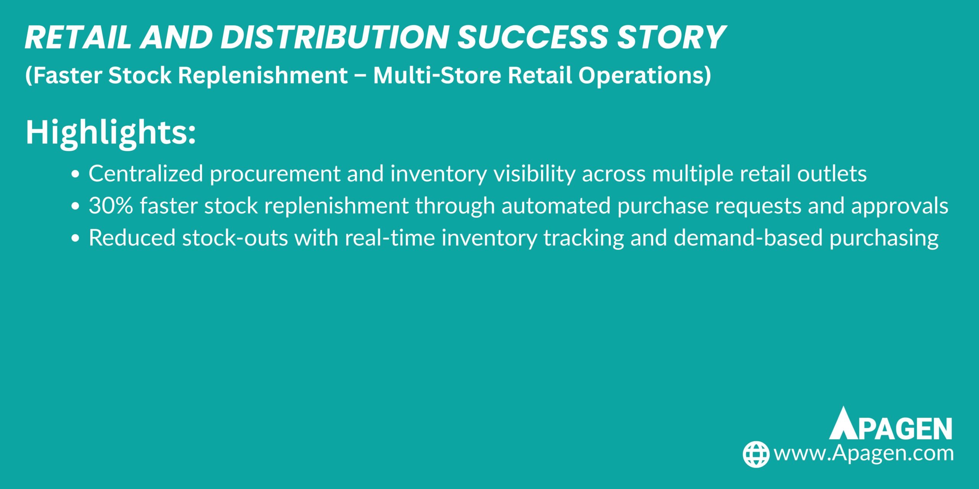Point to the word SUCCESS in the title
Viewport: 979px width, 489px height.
tap(533, 37)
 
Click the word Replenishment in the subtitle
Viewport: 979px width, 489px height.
tap(263, 75)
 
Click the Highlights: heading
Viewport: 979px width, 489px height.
tap(111, 132)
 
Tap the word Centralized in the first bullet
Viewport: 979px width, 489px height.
tap(146, 174)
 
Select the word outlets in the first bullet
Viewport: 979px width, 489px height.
tap(831, 174)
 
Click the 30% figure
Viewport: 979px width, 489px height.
tap(111, 206)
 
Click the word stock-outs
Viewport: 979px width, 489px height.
tap(235, 238)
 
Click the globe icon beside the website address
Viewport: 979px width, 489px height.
tap(756, 454)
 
